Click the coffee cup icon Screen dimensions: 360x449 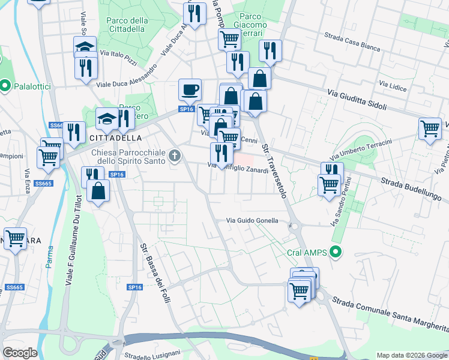(190, 90)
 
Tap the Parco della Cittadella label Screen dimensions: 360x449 (127, 25)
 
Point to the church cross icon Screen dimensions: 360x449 (174, 157)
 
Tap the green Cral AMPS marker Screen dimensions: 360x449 (336, 253)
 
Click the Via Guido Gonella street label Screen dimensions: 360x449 (252, 221)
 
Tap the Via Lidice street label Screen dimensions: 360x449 (393, 85)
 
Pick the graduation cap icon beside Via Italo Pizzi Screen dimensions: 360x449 (85, 47)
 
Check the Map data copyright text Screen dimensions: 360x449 (411, 355)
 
